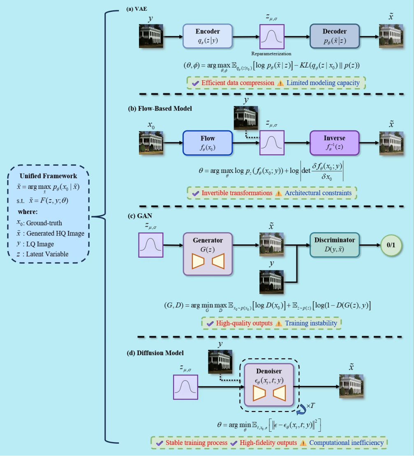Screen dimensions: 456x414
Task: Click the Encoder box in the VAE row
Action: click(x=208, y=36)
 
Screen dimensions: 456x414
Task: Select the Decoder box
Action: click(x=335, y=36)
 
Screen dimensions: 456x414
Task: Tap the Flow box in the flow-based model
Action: click(x=208, y=143)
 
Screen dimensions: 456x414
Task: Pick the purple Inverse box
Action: click(x=335, y=143)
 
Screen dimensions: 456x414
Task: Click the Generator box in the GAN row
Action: click(x=208, y=254)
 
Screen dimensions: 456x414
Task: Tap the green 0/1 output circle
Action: click(x=391, y=245)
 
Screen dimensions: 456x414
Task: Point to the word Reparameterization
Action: click(x=272, y=54)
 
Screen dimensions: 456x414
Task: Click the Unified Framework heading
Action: click(x=48, y=176)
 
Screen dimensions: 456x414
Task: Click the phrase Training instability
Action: click(x=311, y=323)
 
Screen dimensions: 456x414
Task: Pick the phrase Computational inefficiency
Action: click(x=347, y=443)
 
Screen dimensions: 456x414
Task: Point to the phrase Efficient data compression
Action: click(x=238, y=83)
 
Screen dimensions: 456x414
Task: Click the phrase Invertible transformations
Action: click(x=237, y=193)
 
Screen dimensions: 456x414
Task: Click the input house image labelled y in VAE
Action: click(x=151, y=36)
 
